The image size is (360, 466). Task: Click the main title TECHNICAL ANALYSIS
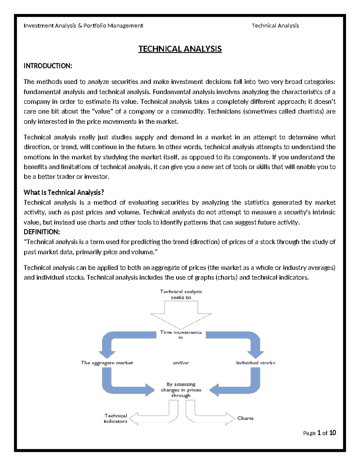180,49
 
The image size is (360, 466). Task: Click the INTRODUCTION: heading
48,66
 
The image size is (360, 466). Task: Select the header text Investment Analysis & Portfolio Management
83,26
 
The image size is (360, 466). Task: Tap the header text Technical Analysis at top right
275,26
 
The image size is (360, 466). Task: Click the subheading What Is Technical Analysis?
64,192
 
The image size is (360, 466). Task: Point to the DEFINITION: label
42,232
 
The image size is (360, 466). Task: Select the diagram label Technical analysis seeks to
181,294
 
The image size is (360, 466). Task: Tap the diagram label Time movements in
181,335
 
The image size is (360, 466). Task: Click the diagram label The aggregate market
107,363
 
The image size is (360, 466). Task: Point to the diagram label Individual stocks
255,363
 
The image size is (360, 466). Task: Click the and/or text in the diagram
181,363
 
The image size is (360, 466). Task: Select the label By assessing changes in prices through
181,390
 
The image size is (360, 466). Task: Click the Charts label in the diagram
245,418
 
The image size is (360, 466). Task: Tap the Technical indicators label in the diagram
115,418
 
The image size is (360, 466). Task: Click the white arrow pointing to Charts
210,416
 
